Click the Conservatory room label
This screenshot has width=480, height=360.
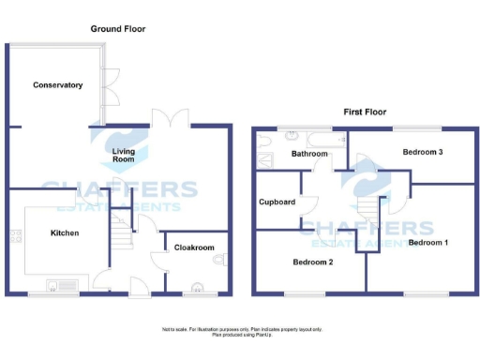[x=57, y=85]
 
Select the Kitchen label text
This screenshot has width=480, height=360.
[x=64, y=232]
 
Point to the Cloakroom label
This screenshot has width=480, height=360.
[x=195, y=247]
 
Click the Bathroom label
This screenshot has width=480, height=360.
[x=309, y=154]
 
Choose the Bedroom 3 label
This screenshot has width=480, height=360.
[x=423, y=152]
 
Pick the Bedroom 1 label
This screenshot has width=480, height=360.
[x=428, y=243]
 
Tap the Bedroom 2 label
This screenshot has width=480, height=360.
[x=312, y=262]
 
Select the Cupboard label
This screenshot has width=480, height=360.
[x=277, y=202]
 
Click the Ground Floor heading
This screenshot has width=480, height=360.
[x=117, y=29]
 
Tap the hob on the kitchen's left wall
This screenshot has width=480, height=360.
[x=15, y=234]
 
